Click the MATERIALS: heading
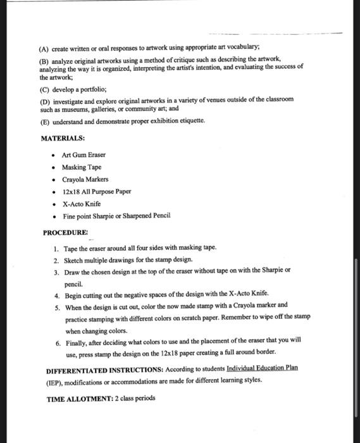point(63,138)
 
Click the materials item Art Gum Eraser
point(84,155)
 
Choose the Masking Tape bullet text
point(81,167)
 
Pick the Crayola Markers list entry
point(85,179)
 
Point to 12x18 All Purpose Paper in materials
point(96,191)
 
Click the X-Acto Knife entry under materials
point(81,204)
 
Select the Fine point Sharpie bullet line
point(116,216)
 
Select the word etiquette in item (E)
point(188,120)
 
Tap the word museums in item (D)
point(72,109)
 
